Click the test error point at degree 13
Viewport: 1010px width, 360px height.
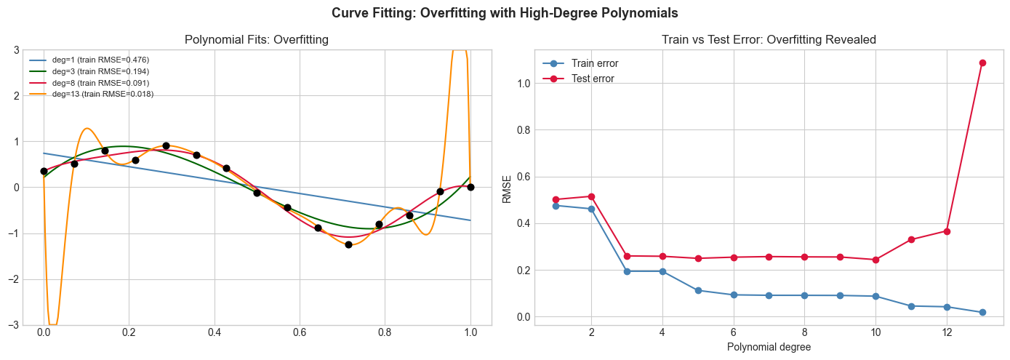982,63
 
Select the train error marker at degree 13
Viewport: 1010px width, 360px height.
982,312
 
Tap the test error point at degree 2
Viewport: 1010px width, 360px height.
591,196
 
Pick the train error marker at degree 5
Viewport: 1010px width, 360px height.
698,290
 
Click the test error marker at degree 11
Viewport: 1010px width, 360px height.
911,239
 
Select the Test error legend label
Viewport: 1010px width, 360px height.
593,79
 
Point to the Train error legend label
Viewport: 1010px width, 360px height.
595,63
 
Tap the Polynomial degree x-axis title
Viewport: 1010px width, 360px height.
769,347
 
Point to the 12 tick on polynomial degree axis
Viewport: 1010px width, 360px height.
947,332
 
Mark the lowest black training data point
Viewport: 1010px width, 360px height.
348,244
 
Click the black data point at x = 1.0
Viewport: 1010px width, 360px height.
470,187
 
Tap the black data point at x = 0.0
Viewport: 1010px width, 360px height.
44,171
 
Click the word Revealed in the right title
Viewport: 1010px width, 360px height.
852,40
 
